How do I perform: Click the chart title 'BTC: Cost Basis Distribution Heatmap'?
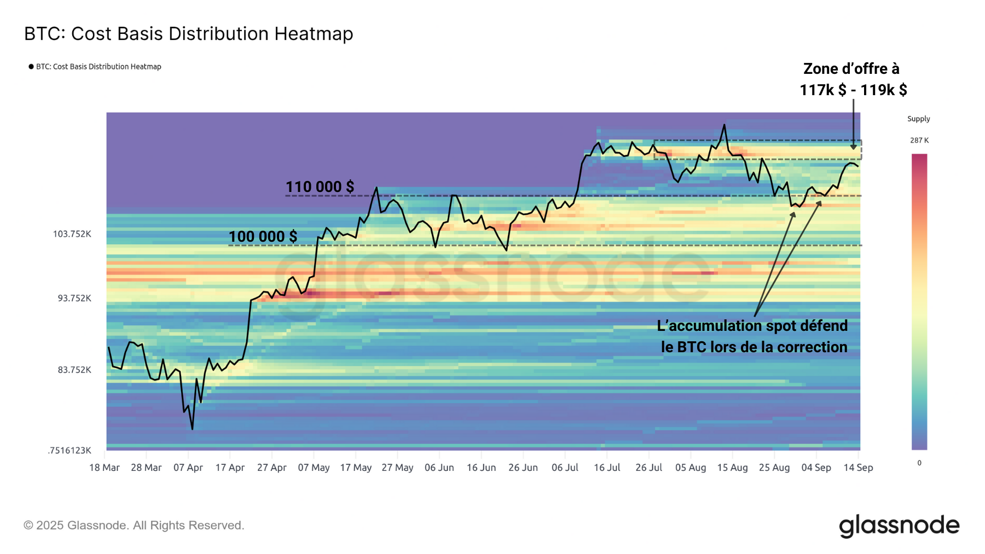(x=189, y=34)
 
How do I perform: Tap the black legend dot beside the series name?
(x=31, y=67)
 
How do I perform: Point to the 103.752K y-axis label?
(x=72, y=234)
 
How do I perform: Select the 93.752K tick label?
(x=74, y=298)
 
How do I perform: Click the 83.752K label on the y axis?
(x=74, y=370)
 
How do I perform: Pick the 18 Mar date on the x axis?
(x=105, y=468)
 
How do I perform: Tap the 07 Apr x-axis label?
(x=188, y=468)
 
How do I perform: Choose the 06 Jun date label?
(x=439, y=468)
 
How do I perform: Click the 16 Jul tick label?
(x=607, y=468)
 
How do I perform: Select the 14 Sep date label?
(x=858, y=468)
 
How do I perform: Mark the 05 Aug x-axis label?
(x=691, y=468)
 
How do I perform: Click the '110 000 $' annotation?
(x=320, y=187)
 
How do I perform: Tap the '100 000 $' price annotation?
(x=263, y=237)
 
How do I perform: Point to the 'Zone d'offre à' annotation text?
(x=851, y=69)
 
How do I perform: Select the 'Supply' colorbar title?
(x=919, y=119)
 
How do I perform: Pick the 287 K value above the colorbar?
(x=919, y=141)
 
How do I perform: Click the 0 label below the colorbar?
(x=919, y=463)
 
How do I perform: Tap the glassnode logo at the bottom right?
(x=899, y=526)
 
